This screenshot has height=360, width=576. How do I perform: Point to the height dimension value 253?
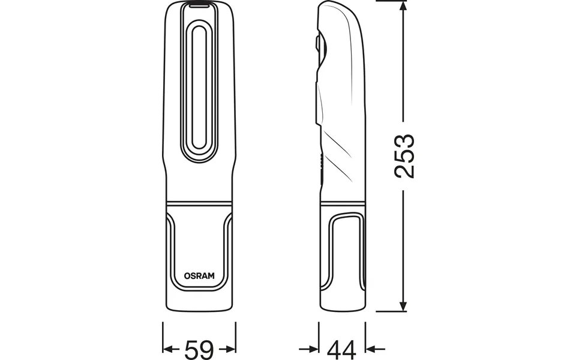pyautogui.click(x=404, y=156)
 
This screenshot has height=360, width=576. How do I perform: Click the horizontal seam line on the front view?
pyautogui.click(x=199, y=201)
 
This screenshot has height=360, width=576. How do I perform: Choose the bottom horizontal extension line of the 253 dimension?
pyautogui.click(x=390, y=312)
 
